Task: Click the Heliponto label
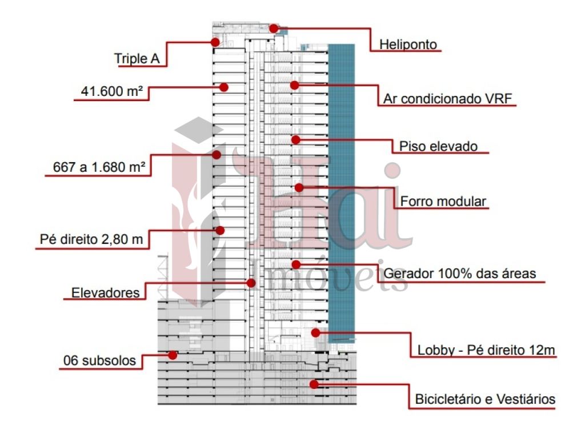click(x=408, y=45)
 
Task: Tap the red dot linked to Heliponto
click(x=274, y=29)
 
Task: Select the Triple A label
click(x=137, y=59)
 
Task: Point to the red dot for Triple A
click(x=215, y=42)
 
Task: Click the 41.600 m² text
click(x=112, y=91)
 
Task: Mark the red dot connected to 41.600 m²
click(x=224, y=87)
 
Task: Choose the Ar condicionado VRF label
click(x=448, y=99)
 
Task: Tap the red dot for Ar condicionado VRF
click(x=295, y=85)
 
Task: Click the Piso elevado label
click(x=438, y=146)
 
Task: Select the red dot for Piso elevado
click(x=296, y=140)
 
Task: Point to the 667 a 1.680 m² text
click(x=99, y=167)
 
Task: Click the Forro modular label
click(x=443, y=202)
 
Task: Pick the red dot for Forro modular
click(x=299, y=187)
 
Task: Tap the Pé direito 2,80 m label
click(x=91, y=239)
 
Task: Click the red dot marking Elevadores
click(x=251, y=283)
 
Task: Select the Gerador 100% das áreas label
click(x=460, y=274)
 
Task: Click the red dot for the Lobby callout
click(x=315, y=332)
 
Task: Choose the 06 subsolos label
click(x=99, y=361)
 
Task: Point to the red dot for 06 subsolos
click(x=173, y=355)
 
